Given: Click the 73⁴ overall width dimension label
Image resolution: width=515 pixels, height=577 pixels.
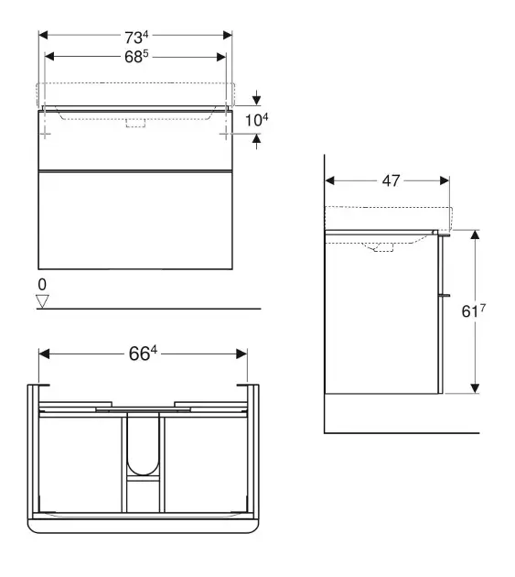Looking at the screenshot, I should pyautogui.click(x=136, y=37).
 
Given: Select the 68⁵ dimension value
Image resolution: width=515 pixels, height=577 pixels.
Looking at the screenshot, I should pyautogui.click(x=136, y=57).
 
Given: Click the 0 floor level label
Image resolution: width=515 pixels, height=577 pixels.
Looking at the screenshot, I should pyautogui.click(x=40, y=284).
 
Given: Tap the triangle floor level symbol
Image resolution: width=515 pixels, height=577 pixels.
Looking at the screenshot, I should pyautogui.click(x=41, y=299).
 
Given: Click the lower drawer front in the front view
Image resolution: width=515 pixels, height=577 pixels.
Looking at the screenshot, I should pyautogui.click(x=136, y=220).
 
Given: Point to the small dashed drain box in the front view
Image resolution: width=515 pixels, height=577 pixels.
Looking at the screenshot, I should pyautogui.click(x=136, y=124).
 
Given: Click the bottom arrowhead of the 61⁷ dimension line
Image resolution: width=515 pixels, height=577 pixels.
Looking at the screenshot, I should pyautogui.click(x=475, y=388).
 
